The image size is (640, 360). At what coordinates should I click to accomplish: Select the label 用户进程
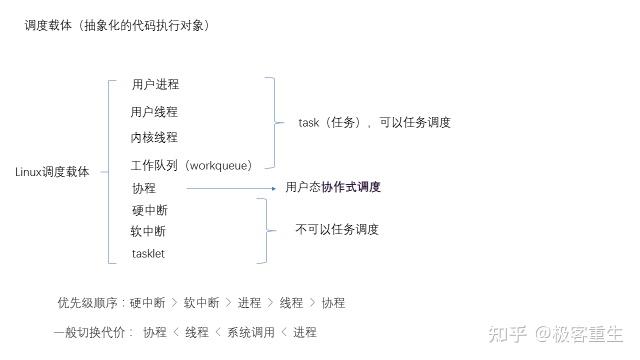(x=155, y=85)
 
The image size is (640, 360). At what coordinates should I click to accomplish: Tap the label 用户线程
(x=154, y=112)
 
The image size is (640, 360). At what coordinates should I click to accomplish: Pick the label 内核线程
(x=154, y=137)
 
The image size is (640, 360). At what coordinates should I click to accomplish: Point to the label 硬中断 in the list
(x=149, y=210)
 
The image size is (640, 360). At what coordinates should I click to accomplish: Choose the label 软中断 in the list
(x=148, y=231)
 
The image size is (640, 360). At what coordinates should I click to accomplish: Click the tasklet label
(x=148, y=254)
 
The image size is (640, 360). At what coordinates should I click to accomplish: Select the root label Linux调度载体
(x=52, y=172)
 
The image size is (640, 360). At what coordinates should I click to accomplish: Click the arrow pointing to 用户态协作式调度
(x=231, y=187)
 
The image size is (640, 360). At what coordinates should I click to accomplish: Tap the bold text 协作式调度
(x=351, y=187)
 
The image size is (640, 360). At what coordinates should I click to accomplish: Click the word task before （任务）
(x=308, y=122)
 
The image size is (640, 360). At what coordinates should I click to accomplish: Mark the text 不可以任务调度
(x=336, y=230)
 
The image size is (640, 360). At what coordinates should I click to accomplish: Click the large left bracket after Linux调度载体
(x=109, y=172)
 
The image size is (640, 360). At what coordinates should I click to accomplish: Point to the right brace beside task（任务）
(x=273, y=123)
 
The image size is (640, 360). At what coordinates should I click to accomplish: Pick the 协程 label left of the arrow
(x=143, y=188)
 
